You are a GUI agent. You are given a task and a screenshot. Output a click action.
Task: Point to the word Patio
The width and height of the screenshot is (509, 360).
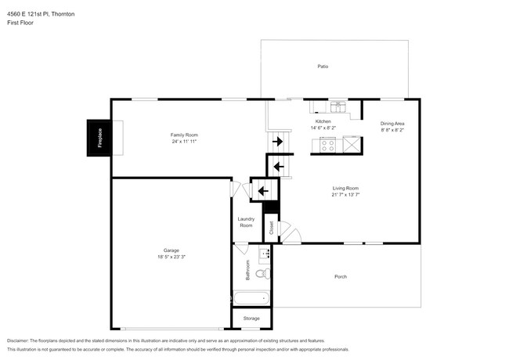pos(322,67)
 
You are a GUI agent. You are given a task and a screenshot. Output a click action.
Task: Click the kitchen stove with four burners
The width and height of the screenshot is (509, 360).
pos(328,144)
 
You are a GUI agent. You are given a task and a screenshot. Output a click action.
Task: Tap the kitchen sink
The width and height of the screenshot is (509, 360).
pos(337,107)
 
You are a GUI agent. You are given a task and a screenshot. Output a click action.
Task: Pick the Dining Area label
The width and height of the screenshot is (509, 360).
pos(392,124)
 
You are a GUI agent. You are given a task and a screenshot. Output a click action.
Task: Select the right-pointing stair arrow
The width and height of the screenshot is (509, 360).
pos(276,142)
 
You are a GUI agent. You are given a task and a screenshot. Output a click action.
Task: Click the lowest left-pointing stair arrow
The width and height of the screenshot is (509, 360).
pos(263,189)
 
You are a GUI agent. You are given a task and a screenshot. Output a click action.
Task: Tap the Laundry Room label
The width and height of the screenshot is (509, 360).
pos(246,222)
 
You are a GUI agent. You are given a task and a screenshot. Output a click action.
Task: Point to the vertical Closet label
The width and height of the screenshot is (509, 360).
pos(272,228)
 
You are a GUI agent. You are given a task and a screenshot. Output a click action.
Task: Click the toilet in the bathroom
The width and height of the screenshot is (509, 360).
pos(264,273)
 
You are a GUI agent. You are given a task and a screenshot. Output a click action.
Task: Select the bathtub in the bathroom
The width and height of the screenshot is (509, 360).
pos(251,298)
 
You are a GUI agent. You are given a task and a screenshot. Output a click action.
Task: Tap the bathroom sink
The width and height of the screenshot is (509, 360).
pos(264,253)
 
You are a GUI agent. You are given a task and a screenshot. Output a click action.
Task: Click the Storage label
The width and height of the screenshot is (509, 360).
pos(251,319)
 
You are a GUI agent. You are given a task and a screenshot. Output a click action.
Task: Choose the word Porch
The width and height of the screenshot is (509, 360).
pos(341,276)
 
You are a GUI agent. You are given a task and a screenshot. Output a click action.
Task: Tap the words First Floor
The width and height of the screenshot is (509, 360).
pos(22,23)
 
